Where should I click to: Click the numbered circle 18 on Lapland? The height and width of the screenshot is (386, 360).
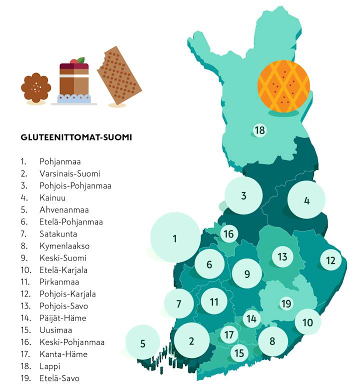(259, 131)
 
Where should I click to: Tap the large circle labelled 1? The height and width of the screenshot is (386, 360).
(174, 238)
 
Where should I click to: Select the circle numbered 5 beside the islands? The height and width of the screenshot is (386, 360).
(142, 343)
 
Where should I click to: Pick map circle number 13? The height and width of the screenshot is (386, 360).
(282, 257)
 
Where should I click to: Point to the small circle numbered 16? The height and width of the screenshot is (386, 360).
(228, 234)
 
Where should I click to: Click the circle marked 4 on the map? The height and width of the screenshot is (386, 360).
(306, 201)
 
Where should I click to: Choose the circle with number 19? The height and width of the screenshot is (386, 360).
(286, 303)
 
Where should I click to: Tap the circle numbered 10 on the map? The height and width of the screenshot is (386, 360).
(307, 322)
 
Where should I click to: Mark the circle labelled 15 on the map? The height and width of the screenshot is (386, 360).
(239, 353)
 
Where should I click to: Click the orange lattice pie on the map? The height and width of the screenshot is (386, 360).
(283, 87)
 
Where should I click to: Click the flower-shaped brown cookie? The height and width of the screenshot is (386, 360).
(36, 88)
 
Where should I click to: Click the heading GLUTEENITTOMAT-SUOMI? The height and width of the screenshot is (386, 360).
(76, 137)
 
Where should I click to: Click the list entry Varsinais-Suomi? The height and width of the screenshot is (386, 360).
(69, 174)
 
